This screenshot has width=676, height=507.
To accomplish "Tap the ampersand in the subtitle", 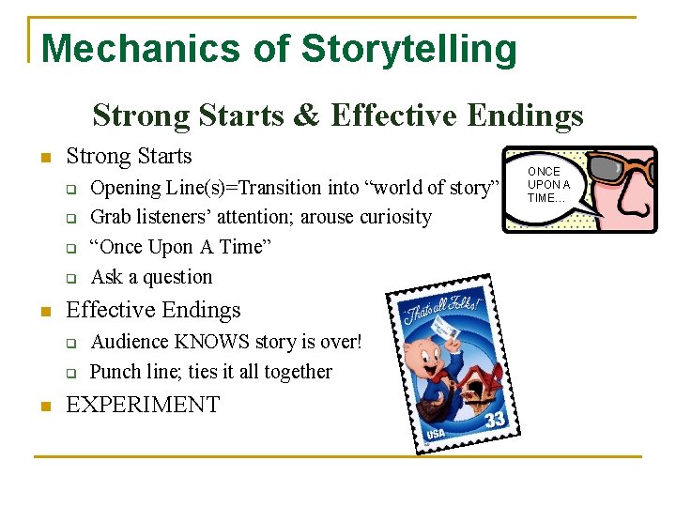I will pos(306,115).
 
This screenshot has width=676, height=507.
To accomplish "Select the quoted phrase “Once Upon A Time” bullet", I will pos(180,247).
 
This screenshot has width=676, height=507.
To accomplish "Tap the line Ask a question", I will pos(151,277).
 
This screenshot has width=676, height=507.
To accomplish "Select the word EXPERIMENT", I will pos(143,405).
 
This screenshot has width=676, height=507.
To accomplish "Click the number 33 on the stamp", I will pos(495,420).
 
